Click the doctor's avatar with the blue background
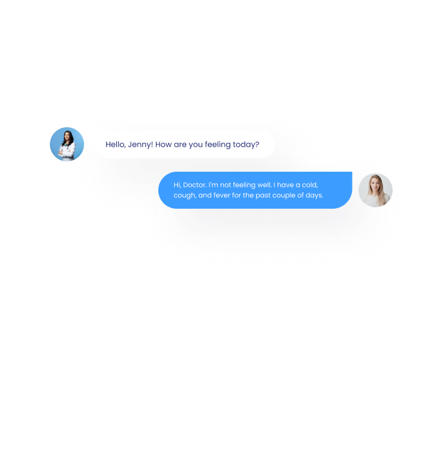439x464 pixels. click(x=67, y=144)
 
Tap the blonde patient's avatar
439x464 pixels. click(x=375, y=190)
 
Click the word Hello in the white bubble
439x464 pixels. click(x=115, y=144)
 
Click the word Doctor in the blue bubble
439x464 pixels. click(x=194, y=185)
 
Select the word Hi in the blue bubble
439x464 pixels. click(x=177, y=185)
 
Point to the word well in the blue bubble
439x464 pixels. click(x=264, y=185)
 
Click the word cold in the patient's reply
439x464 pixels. click(x=311, y=185)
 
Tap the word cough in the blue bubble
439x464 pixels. click(x=184, y=195)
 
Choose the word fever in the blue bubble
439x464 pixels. click(x=222, y=195)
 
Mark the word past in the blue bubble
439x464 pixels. click(x=264, y=195)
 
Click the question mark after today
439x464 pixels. click(x=258, y=144)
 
